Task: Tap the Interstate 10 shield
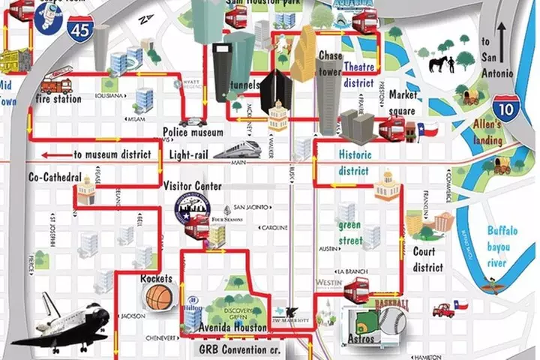pos(507,109)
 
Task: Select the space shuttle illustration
pos(64,323)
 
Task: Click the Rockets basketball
pos(158,297)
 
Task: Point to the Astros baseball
pos(391,321)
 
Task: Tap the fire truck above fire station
pos(57,80)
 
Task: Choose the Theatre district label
pos(359,75)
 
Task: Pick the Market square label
pos(403,102)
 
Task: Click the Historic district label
pos(353,162)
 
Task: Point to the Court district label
pos(428,259)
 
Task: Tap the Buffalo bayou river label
pos(498,247)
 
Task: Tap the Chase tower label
pos(331,62)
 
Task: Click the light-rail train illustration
pos(237,148)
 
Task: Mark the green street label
pos(349,232)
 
